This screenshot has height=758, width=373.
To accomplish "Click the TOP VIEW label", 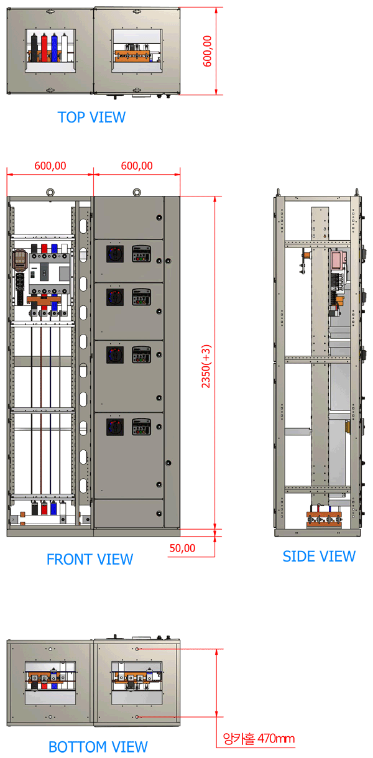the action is [91, 118].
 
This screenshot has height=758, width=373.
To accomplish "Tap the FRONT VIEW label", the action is [90, 559].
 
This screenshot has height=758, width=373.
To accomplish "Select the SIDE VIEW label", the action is [319, 557].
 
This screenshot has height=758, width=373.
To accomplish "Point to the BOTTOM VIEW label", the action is [98, 746].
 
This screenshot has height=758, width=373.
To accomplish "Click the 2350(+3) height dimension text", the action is [206, 366].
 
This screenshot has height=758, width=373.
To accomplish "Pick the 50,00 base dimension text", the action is [182, 548].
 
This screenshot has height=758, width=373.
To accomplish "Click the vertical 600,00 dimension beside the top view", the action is [207, 51].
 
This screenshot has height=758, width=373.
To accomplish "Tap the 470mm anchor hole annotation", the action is [259, 738].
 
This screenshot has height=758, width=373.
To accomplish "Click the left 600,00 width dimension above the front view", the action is [50, 165].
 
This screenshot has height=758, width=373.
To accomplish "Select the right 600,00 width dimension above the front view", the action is [137, 165].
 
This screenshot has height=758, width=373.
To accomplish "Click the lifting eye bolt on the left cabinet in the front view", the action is [50, 193].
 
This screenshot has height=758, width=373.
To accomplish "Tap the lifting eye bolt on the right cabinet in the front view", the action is [137, 193].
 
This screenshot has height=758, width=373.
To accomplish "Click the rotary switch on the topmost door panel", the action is [115, 254].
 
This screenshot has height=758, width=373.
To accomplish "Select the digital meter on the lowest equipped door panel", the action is [141, 427].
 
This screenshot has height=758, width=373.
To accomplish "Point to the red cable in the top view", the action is [44, 48].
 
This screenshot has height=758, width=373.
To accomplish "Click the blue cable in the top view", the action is [55, 48].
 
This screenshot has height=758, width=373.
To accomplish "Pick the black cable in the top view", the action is [34, 48].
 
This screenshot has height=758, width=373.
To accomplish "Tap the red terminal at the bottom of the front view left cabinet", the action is [44, 508].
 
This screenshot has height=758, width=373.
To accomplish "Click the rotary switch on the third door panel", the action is [115, 354].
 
